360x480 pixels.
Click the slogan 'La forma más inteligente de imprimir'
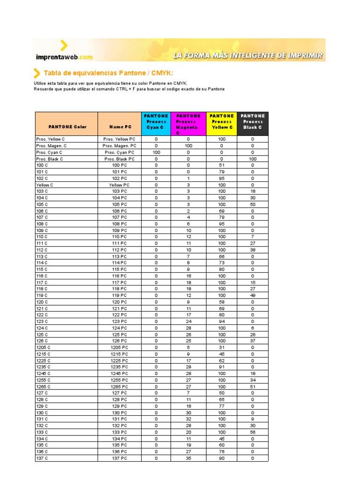click(248, 55)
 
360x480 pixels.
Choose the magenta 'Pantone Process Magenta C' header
click(188, 124)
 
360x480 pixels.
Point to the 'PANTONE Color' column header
click(67, 127)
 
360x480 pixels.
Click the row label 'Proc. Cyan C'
click(49, 152)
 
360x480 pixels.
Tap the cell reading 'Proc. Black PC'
click(119, 159)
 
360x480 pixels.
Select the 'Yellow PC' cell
click(119, 185)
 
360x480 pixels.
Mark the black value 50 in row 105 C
click(253, 204)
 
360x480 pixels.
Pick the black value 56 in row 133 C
click(253, 432)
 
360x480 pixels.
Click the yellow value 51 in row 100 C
click(222, 165)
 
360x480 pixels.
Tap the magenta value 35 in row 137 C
click(188, 458)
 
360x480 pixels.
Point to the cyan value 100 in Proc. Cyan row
click(156, 152)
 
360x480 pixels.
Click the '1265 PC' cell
click(119, 386)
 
